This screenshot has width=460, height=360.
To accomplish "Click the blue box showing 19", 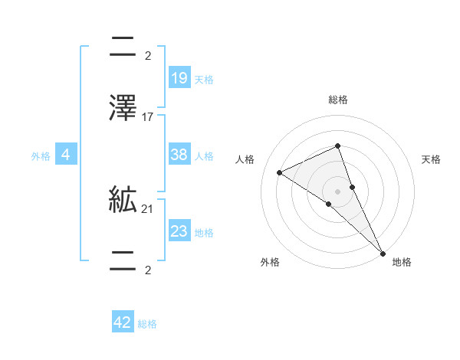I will [179, 78].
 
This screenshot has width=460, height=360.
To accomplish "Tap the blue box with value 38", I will [179, 155].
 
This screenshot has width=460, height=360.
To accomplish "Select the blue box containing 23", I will [179, 231].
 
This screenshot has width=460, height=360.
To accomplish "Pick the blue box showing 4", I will [66, 155].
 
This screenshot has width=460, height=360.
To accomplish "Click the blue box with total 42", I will [123, 322].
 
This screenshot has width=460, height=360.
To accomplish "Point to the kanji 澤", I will [123, 109].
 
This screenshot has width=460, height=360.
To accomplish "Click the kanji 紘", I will [123, 201].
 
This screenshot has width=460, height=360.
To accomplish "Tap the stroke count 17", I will [148, 117].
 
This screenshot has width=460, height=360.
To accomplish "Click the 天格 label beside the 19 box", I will [204, 80].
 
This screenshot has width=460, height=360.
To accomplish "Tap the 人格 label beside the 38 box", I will [204, 156].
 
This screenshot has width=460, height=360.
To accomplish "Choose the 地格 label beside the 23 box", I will [204, 233].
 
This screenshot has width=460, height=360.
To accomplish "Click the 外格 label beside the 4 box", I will [41, 156].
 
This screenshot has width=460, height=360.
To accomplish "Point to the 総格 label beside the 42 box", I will [147, 324].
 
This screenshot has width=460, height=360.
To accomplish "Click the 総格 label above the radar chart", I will [338, 100].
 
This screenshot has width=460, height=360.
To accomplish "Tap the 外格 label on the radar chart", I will [271, 262].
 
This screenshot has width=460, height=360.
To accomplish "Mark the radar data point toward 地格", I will [383, 252].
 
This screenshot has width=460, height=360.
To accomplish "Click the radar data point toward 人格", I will [280, 172].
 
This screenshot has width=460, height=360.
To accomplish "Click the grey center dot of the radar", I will [338, 191].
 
